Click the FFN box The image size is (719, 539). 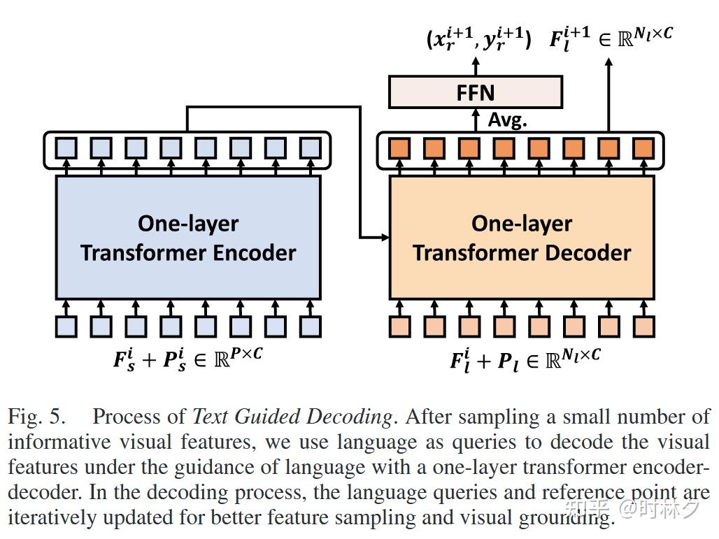click(476, 92)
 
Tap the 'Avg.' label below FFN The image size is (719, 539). click(507, 120)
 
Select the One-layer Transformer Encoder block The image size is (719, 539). click(188, 238)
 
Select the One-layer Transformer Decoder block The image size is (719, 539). click(522, 238)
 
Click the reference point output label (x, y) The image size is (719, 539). click(478, 39)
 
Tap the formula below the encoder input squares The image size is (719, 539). click(188, 358)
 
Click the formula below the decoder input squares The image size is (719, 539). click(525, 359)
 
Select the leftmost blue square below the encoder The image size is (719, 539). click(66, 326)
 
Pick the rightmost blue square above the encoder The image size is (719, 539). click(310, 148)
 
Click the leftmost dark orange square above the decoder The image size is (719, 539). click(400, 148)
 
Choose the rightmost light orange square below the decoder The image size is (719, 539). click(643, 326)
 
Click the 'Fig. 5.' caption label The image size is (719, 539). click(36, 417)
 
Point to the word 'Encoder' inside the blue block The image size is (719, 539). click(255, 252)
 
